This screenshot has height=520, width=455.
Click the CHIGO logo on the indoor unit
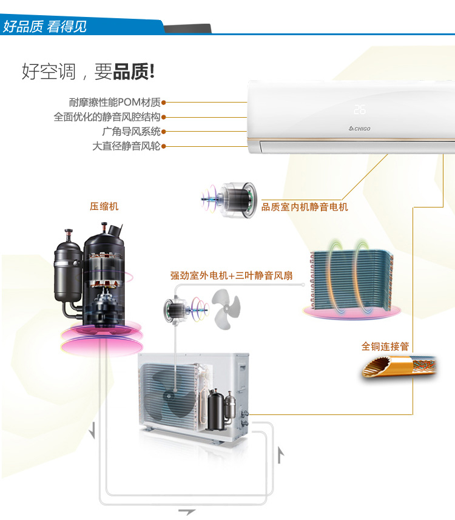pos(360,129)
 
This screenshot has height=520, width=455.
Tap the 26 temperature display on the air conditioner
pos(360,110)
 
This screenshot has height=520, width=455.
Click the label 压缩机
pos(104,207)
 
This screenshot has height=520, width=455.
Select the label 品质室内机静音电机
pos(305,207)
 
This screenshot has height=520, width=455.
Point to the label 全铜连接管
pos(385,346)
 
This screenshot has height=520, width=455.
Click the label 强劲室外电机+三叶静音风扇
pos(232,275)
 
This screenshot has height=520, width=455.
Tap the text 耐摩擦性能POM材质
pos(115,102)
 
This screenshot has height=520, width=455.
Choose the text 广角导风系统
pos(131,131)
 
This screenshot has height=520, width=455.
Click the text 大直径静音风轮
pos(126,146)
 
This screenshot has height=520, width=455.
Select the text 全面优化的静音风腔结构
pos(107,116)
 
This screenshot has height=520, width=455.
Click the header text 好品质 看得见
pos(45,27)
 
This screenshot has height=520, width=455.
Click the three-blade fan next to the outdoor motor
pos(226,309)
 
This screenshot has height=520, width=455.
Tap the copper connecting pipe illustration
pos(399,366)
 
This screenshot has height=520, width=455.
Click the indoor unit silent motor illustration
pos(229,200)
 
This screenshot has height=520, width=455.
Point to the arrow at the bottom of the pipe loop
pos(187,512)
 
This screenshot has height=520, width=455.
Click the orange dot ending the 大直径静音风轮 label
pos(163,146)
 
